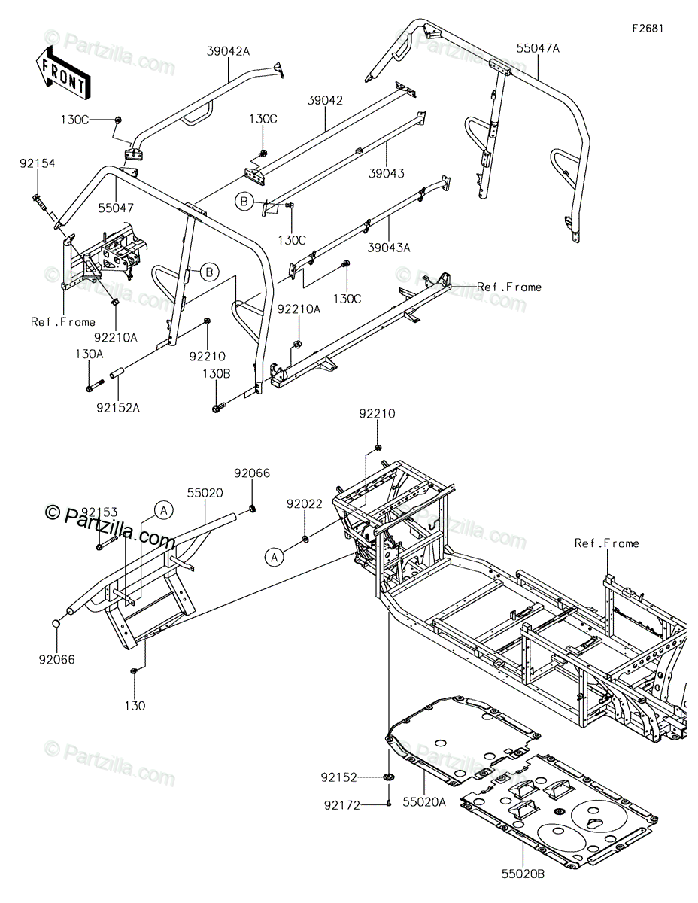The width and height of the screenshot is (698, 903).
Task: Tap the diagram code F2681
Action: [648, 29]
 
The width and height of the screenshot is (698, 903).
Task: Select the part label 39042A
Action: [229, 51]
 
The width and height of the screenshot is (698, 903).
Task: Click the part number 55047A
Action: [538, 48]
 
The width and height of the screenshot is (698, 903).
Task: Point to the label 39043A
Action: [389, 248]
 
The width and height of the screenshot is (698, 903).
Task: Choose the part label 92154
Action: [38, 163]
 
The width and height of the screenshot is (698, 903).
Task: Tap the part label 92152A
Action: [118, 408]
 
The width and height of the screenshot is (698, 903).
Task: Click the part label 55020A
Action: [424, 802]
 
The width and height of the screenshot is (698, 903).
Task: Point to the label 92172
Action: [342, 806]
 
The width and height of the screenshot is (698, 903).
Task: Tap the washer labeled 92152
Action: [389, 777]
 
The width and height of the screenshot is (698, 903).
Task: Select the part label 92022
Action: [305, 503]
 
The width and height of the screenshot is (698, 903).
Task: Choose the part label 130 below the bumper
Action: [135, 706]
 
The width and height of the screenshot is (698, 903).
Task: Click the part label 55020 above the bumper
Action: [205, 493]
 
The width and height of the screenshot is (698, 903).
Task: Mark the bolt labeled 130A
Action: [95, 385]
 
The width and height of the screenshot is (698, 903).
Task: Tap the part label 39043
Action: [386, 173]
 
